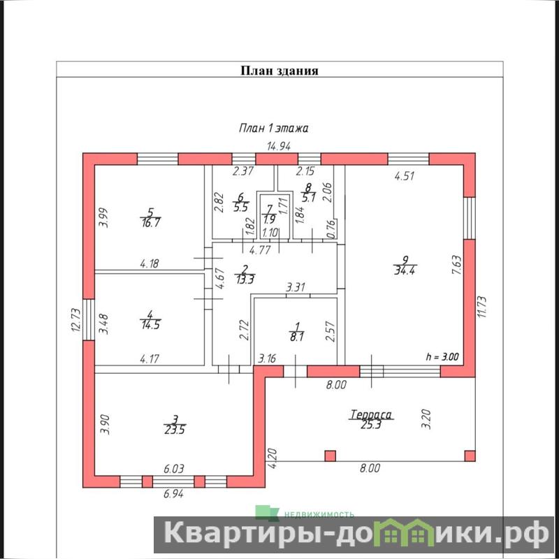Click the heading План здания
(279, 71)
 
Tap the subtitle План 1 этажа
(273, 128)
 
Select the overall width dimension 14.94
(279, 146)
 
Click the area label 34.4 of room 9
(405, 270)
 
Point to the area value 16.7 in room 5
(150, 223)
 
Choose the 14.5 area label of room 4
(150, 325)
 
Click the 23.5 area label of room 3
(175, 430)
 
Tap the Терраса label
(371, 414)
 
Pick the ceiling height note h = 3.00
(442, 356)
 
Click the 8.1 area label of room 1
(296, 337)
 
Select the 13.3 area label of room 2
(245, 279)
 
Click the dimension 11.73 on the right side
(481, 307)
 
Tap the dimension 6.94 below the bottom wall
(173, 494)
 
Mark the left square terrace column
(330, 456)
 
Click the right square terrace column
(470, 456)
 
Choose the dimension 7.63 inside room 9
(457, 265)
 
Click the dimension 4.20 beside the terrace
(272, 458)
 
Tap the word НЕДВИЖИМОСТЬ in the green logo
(319, 514)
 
